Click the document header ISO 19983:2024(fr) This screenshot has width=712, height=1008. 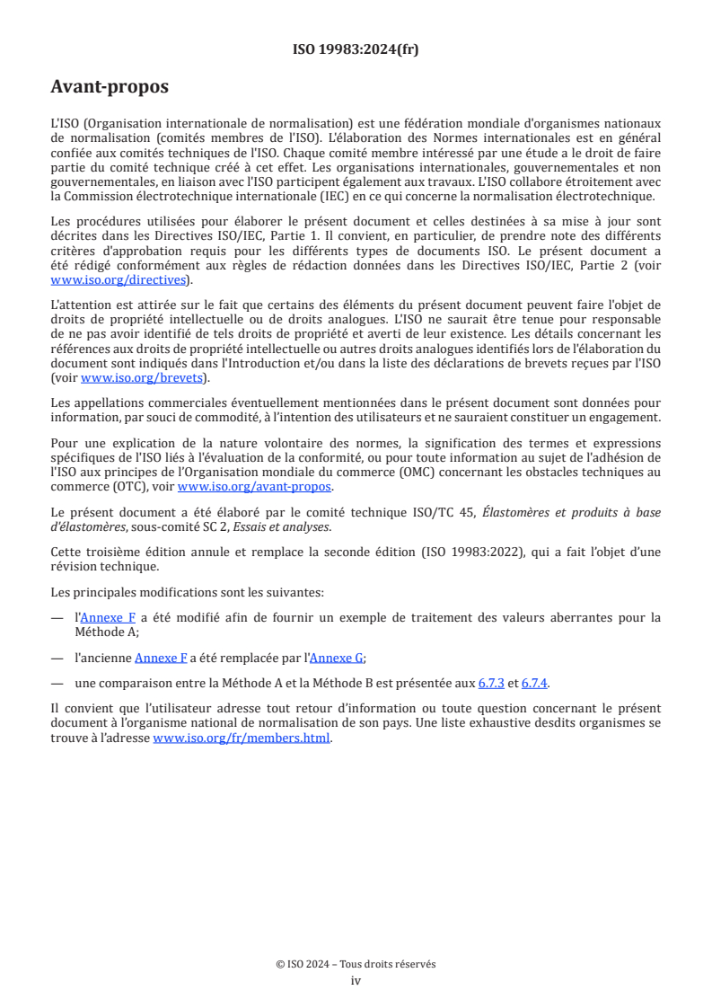click(356, 49)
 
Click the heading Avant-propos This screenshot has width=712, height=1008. click(110, 87)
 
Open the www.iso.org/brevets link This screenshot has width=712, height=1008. click(140, 378)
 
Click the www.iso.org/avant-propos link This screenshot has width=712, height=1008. click(255, 487)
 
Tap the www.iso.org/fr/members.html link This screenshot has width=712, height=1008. click(242, 738)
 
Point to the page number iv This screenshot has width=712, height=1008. click(356, 980)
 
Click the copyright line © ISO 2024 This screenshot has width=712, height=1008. click(356, 964)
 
